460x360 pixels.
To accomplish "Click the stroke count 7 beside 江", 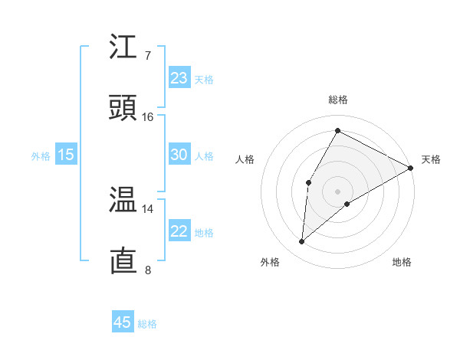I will click(147, 55).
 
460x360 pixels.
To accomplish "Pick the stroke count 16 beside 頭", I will click(147, 116).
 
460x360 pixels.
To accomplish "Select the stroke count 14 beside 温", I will click(147, 208).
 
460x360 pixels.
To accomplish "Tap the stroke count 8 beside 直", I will click(147, 270).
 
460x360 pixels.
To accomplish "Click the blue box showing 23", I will click(179, 78).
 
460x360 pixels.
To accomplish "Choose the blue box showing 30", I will click(179, 155).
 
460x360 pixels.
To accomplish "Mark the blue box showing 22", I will click(179, 231).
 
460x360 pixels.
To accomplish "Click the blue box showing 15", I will click(66, 155).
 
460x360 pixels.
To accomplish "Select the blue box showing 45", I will click(122, 322).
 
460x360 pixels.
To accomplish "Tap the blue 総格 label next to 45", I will click(147, 324).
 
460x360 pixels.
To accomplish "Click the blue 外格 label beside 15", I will click(41, 156).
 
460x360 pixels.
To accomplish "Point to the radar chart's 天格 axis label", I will click(431, 159).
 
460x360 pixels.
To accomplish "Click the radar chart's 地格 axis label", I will click(402, 263).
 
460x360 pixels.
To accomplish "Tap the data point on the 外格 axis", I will click(302, 242).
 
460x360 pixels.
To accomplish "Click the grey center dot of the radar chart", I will click(337, 191).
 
